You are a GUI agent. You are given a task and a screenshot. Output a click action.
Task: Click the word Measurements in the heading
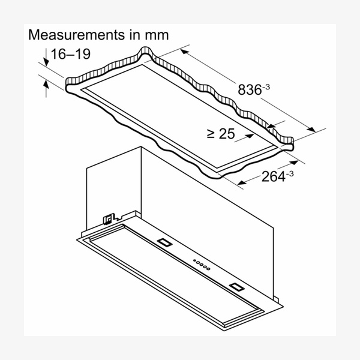[76, 35]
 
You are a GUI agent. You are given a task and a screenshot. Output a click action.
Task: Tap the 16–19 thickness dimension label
[70, 54]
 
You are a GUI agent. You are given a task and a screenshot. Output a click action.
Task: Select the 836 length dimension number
[250, 89]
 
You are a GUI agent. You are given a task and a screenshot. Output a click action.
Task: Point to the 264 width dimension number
[273, 176]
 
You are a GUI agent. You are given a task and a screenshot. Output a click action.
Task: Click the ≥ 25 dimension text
[221, 134]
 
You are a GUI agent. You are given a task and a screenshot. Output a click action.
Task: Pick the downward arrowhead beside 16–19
[46, 62]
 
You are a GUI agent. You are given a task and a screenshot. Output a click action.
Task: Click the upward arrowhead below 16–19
[46, 84]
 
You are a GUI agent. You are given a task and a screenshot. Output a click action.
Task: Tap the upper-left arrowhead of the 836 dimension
[184, 52]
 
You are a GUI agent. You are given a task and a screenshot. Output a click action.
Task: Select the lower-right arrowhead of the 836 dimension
[311, 130]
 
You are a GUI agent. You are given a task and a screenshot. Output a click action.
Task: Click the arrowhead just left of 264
[242, 182]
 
